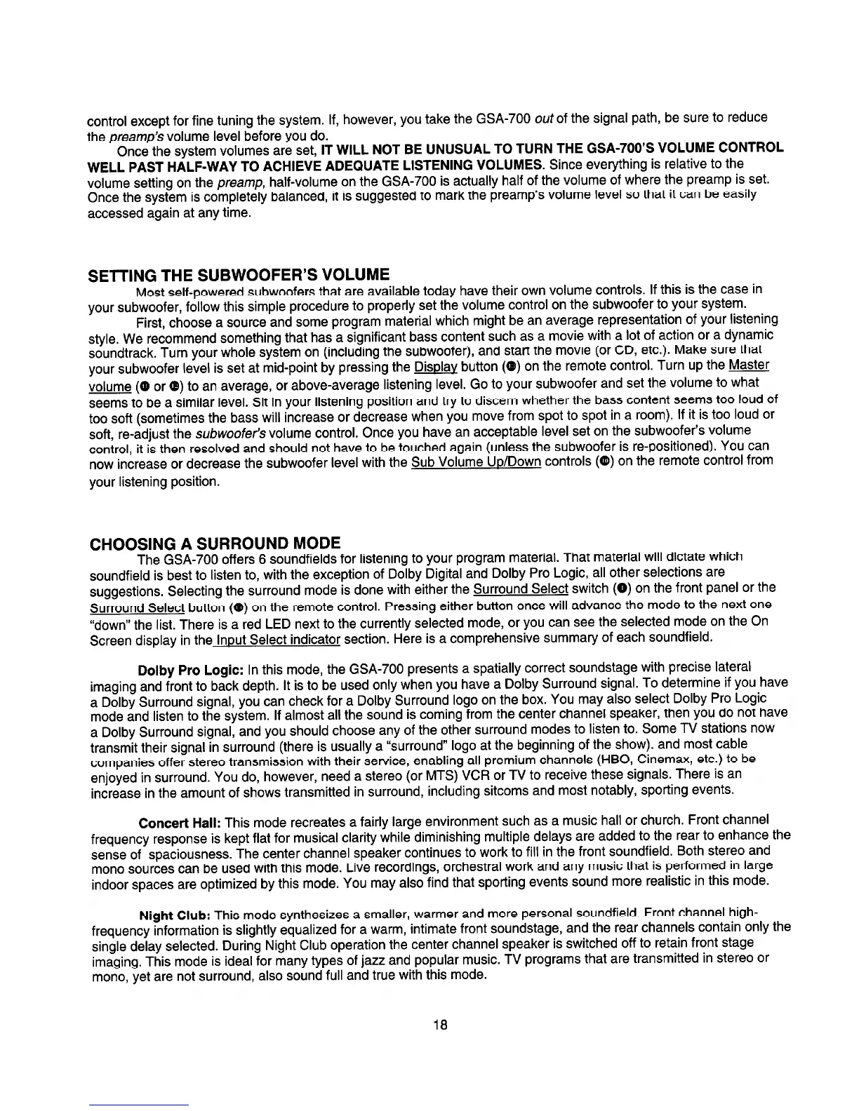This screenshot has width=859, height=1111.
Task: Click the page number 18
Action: point(440,1025)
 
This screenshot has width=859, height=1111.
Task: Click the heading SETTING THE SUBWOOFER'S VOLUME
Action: point(239,273)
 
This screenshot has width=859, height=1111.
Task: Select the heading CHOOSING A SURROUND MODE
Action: point(215,543)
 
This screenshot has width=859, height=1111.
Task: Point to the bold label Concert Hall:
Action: point(180,821)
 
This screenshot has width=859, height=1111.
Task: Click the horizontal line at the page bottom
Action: point(140,1105)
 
